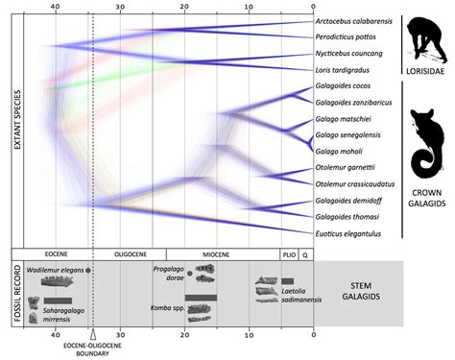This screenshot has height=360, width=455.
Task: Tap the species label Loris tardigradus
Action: tap(345, 70)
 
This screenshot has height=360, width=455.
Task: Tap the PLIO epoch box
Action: tap(287, 255)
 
